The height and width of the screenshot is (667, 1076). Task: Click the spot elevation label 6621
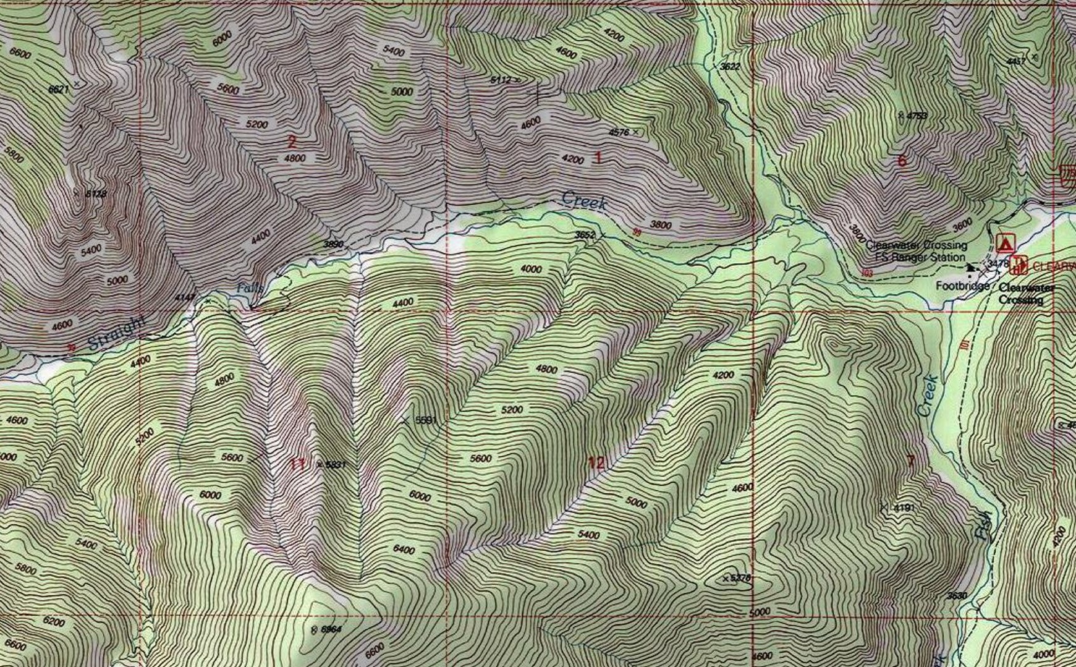pos(59,90)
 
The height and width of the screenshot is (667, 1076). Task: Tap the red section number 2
pos(292,141)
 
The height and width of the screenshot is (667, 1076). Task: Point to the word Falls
pos(251,288)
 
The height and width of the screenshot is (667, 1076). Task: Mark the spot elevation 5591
pos(425,420)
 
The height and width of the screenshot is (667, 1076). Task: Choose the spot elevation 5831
pos(334,464)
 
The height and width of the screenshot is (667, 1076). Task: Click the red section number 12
pos(596,462)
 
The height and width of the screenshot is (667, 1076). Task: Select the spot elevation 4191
pos(903,508)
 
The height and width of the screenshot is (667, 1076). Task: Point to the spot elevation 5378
pos(739,579)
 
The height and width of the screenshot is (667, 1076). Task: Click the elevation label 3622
pos(730,66)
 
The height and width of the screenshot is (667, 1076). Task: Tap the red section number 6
pos(902,161)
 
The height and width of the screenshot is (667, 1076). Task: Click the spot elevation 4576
pos(619,132)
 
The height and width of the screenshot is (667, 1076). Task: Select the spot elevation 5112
pos(501,80)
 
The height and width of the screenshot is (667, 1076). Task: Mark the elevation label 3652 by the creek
pos(585,235)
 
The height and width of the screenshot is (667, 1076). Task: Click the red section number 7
pos(910,461)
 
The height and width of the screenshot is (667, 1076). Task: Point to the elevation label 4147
pos(185,298)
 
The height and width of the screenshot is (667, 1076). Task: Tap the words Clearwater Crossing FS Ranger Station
pos(916,252)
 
